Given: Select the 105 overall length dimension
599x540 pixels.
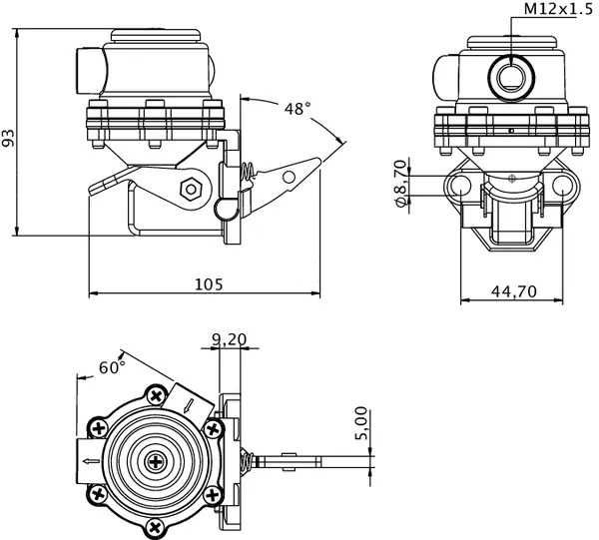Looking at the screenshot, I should [x=207, y=283].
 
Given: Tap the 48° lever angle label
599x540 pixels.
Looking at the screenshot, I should [x=297, y=108].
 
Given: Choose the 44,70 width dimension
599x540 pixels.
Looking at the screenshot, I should [x=513, y=290].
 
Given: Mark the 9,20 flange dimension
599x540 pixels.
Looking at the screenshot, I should [x=229, y=339].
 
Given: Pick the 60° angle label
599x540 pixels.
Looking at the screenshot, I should [x=112, y=367].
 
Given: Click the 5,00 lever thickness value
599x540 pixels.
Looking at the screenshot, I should [x=362, y=423].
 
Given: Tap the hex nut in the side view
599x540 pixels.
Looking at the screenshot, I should [x=190, y=188].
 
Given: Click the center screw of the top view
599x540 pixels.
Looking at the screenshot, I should [x=157, y=460].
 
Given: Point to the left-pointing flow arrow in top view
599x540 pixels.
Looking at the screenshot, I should [x=87, y=461].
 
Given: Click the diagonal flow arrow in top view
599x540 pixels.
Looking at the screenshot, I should [x=189, y=403].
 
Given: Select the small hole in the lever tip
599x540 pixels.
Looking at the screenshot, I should [x=290, y=177].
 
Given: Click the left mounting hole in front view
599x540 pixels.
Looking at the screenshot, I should [x=460, y=187].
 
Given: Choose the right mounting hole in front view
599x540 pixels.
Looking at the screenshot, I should [x=563, y=187].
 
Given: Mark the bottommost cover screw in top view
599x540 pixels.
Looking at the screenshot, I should [x=156, y=525].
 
